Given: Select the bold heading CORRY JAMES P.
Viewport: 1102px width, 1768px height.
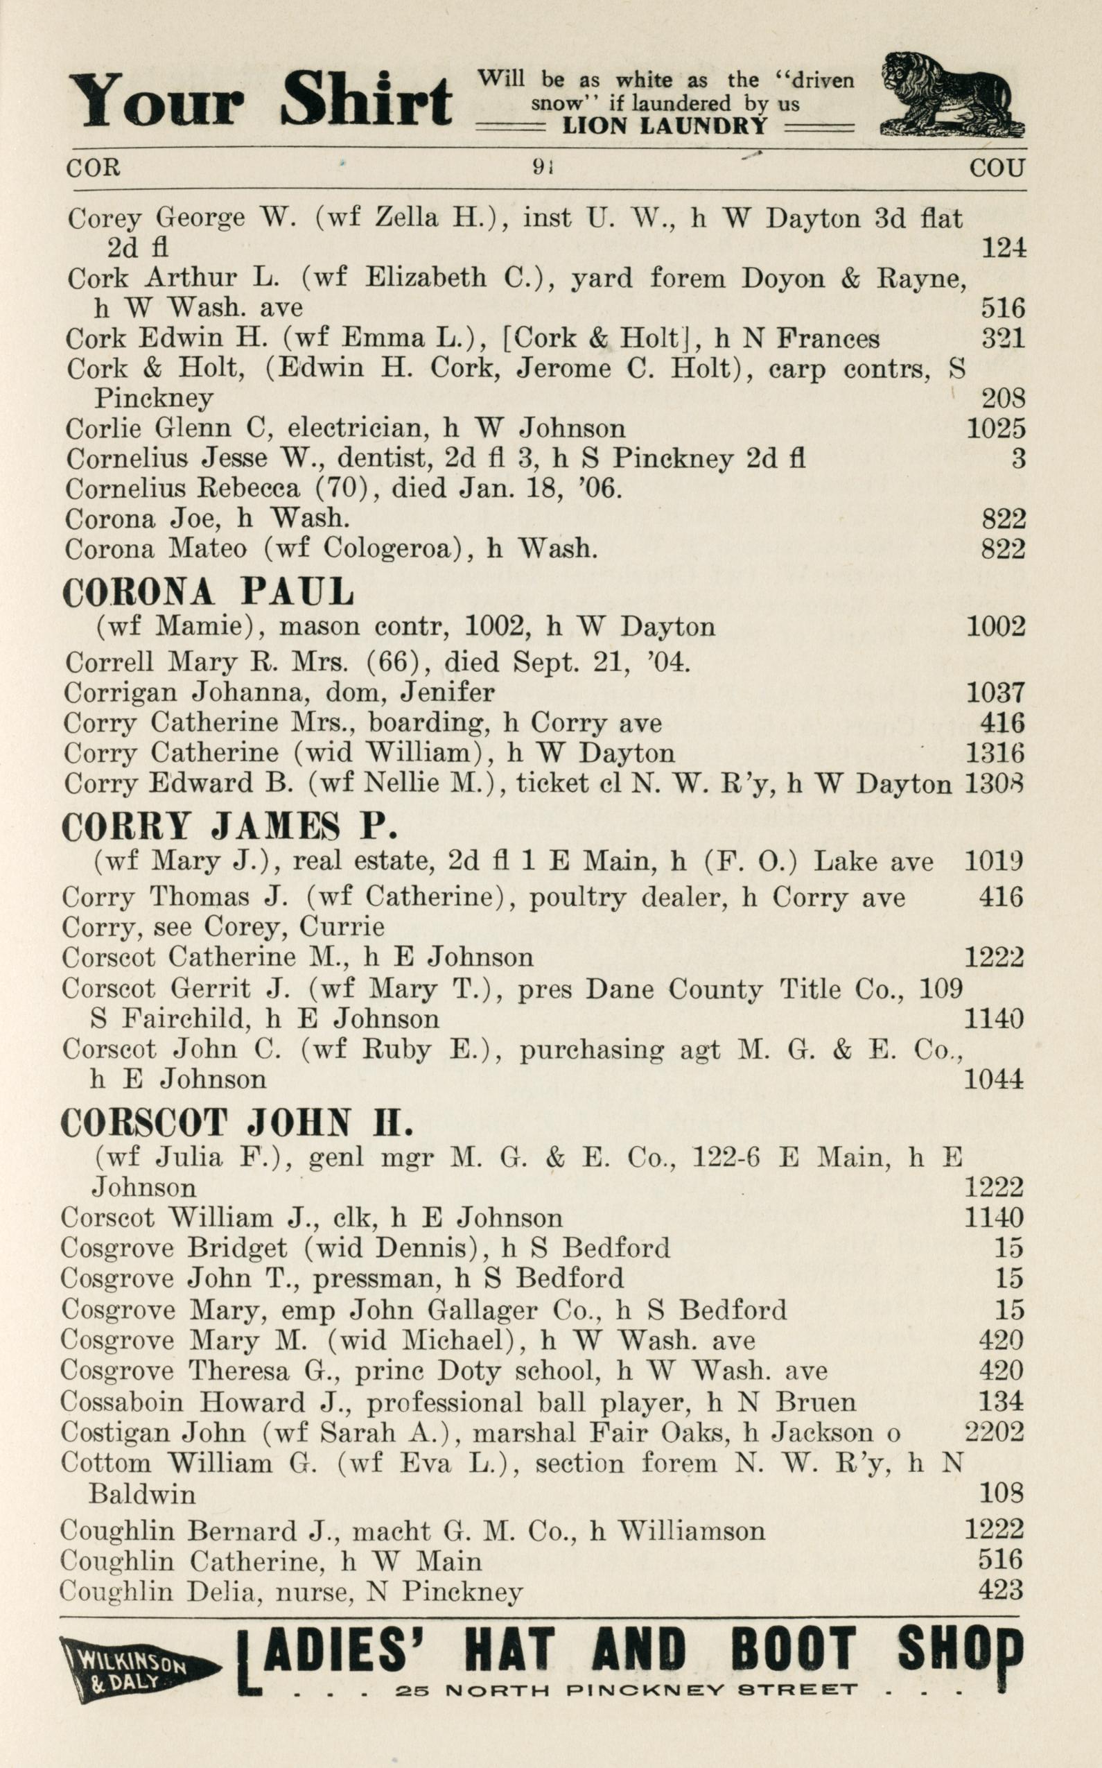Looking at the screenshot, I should (229, 826).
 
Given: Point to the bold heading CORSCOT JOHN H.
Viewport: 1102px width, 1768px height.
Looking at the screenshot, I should (237, 1123).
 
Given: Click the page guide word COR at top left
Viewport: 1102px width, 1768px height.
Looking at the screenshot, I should (93, 168).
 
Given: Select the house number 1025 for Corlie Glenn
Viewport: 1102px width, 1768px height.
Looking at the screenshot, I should (995, 428).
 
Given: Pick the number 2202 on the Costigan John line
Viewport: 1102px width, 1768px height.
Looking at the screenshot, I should (994, 1432).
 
